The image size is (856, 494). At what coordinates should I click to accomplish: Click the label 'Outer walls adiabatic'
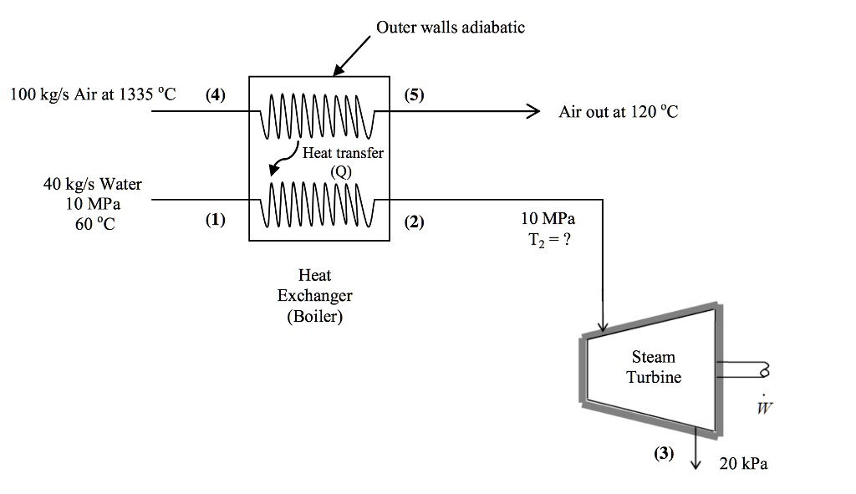coord(451,28)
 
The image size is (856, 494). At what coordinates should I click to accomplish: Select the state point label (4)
coord(215,94)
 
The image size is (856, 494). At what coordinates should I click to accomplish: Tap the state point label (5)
coord(414,94)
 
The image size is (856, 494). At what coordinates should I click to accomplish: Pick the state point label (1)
coord(215,221)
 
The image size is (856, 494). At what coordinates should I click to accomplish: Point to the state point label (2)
coord(414,222)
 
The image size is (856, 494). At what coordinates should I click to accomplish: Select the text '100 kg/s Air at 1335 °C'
coord(93,94)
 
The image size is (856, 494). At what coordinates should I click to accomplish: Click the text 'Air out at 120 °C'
coord(619,112)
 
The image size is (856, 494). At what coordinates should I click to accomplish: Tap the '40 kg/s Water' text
coord(93,184)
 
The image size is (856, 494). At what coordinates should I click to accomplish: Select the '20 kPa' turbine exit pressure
coord(742,464)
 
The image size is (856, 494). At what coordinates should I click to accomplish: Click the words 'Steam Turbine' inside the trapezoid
coord(654,367)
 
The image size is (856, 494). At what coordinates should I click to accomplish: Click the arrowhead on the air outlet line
coord(532,112)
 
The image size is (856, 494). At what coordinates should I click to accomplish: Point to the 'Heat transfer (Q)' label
coord(342,160)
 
